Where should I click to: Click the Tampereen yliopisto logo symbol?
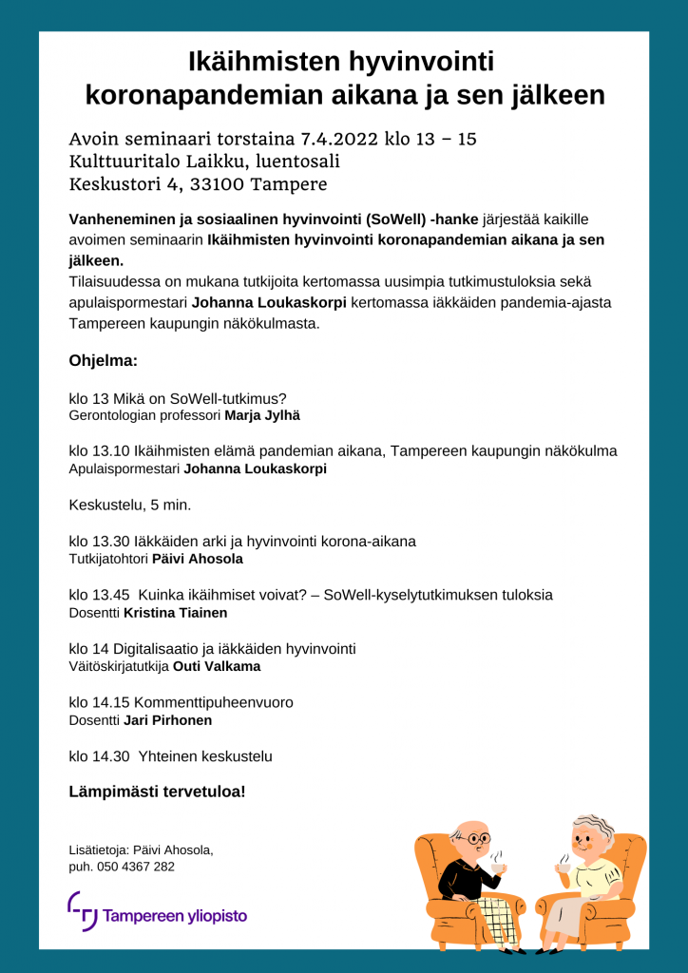pos(82,911)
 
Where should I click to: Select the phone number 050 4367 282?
pos(134,867)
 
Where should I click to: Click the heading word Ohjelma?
pos(104,361)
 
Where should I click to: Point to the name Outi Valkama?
pos(217,666)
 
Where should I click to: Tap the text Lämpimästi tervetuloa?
pos(157,791)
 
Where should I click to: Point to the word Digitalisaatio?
pos(156,649)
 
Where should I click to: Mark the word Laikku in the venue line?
pos(215,162)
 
